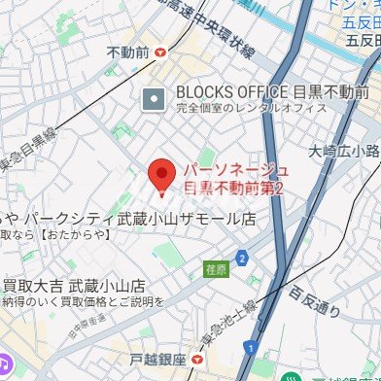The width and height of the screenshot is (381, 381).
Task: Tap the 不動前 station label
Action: (126, 52)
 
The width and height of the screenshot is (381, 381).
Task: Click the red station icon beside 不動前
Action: (159, 52)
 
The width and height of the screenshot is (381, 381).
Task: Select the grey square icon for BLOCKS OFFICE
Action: (154, 98)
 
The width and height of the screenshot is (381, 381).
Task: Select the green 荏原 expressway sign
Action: (217, 266)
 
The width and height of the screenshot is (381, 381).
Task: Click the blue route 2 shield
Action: (241, 258)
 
